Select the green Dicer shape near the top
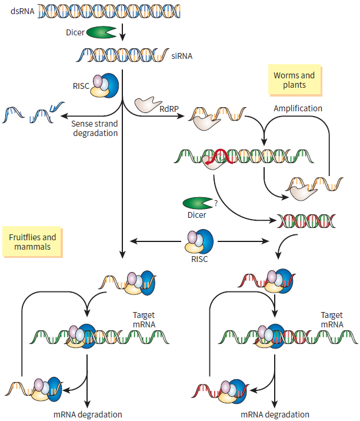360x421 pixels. [x=100, y=34]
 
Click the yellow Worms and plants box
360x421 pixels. [x=294, y=80]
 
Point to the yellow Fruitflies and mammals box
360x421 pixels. [x=33, y=242]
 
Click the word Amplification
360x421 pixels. [x=298, y=109]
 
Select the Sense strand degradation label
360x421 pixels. [x=95, y=128]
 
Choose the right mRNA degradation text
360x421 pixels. [x=275, y=414]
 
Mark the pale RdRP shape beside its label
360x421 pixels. [x=148, y=104]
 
